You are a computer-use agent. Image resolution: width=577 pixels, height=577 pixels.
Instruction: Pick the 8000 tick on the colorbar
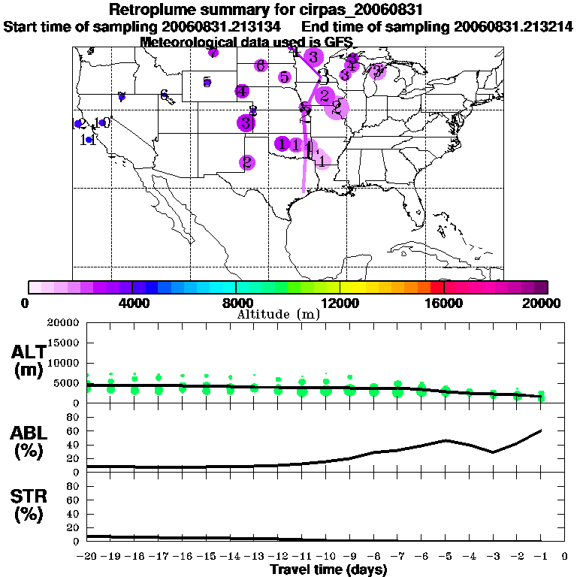coord(236,303)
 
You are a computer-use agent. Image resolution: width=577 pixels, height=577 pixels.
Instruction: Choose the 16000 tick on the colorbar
coord(444,303)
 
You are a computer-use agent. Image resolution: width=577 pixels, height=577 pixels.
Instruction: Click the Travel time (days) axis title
coord(328,570)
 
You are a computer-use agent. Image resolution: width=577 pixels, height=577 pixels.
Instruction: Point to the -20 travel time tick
coord(88,557)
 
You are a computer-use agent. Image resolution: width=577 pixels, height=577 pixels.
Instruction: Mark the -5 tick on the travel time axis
coord(446,557)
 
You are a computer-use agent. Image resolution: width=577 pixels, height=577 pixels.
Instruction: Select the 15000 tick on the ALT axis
coord(65,343)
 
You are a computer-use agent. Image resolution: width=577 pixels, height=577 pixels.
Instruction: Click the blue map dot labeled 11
coord(89,140)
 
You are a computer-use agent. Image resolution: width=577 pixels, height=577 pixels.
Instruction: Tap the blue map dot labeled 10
coord(102,122)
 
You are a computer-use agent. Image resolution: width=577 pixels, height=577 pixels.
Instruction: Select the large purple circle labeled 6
coord(261,65)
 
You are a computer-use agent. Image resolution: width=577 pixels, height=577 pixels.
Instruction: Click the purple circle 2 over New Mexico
coord(246,162)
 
